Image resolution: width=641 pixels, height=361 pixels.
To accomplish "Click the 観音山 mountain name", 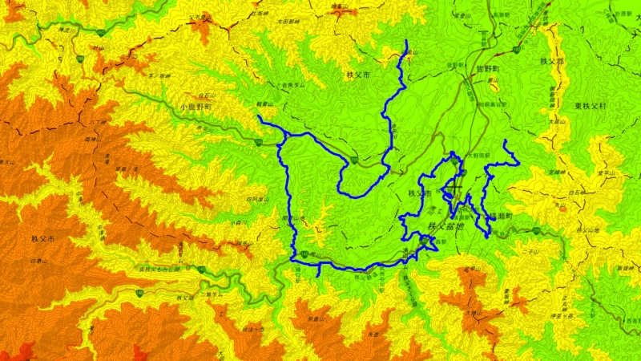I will [265, 103].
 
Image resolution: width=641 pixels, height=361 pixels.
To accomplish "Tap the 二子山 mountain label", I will [526, 251].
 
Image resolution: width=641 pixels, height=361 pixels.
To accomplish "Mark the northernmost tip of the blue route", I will [407, 41].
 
